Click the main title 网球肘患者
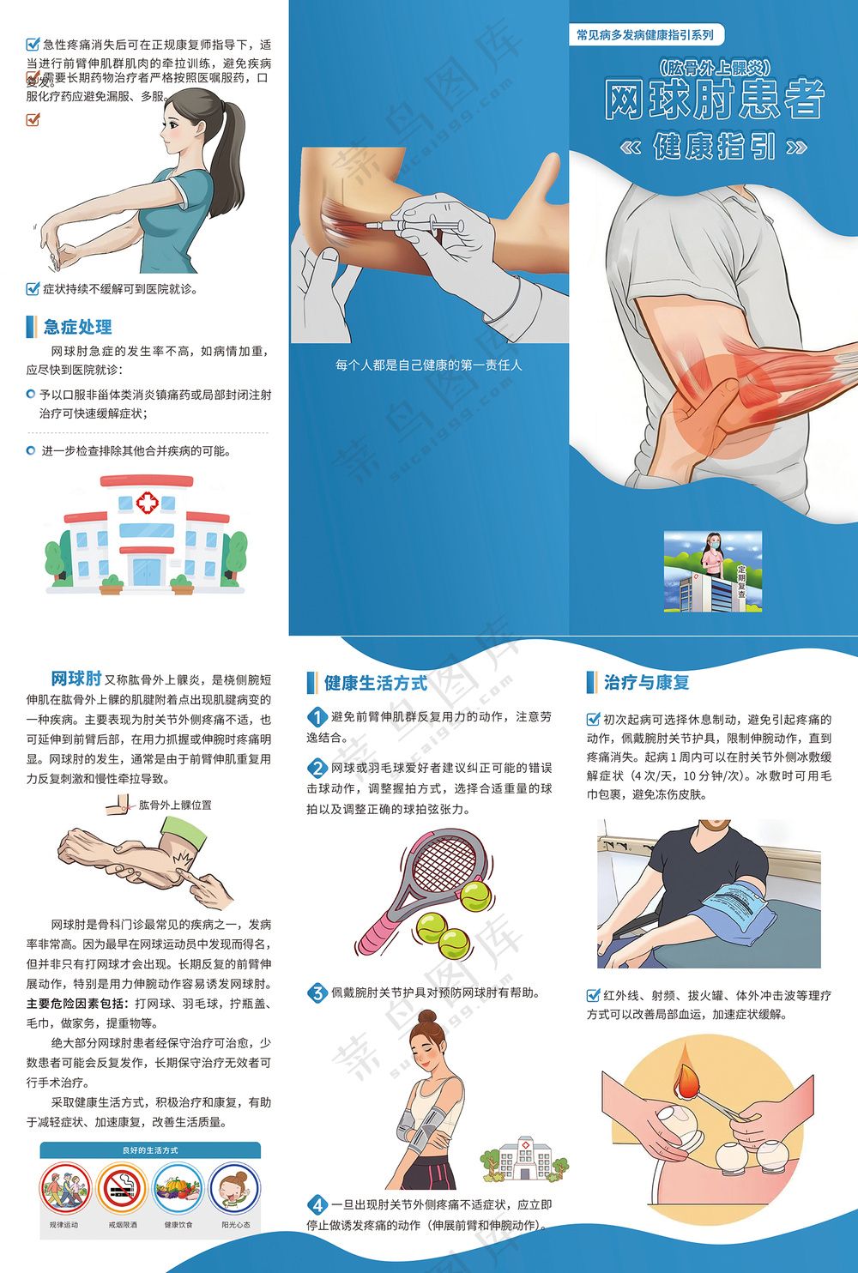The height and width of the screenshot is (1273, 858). pos(714,100)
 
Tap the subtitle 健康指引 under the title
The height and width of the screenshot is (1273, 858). pos(714,147)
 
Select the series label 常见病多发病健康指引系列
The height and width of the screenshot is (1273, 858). pos(645,35)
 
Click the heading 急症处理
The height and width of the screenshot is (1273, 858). pos(77,327)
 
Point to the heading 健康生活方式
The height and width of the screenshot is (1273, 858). pos(375,683)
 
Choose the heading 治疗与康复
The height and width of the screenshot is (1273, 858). pos(646,683)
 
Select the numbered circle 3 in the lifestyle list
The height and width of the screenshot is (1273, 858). pos(317,993)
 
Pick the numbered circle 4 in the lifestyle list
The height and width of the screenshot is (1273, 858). pos(317,1204)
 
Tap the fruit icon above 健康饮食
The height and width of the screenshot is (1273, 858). pos(178,1188)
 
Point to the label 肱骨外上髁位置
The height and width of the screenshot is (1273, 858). pos(175,805)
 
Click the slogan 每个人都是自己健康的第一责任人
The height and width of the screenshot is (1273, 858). pos(428,365)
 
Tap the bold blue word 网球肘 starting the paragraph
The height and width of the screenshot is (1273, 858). pos(76,679)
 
